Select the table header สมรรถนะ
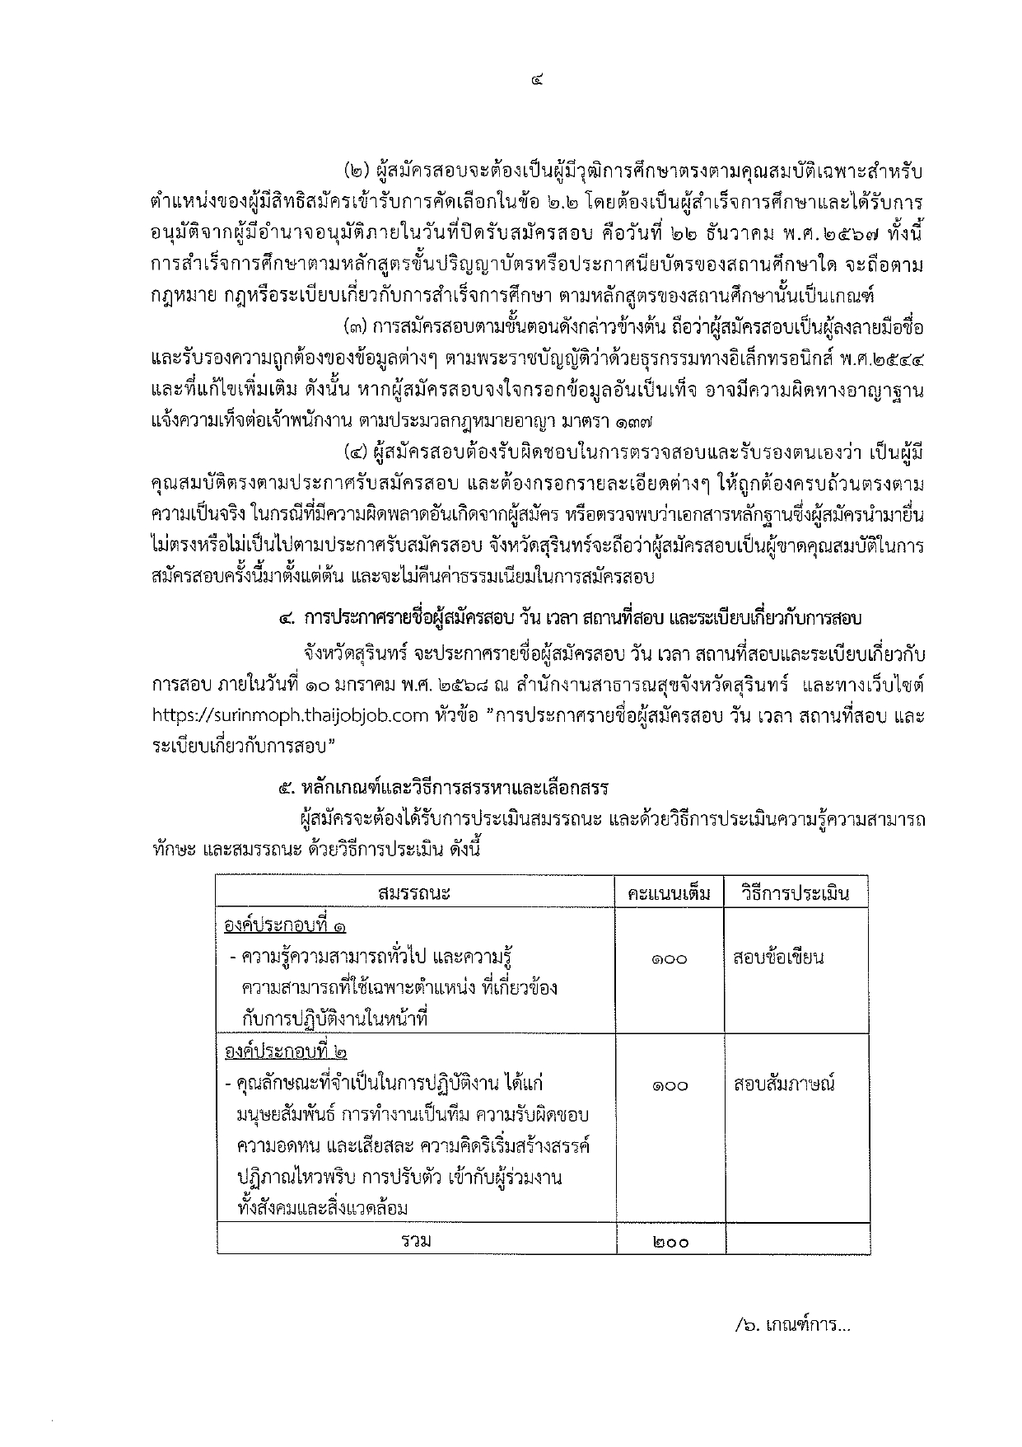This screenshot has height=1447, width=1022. point(415,893)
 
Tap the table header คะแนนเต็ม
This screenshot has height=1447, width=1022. point(669,893)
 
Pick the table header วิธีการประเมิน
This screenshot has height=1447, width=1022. point(795,893)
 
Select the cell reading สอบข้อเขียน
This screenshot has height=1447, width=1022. point(778,958)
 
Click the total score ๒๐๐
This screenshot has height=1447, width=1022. point(669,1242)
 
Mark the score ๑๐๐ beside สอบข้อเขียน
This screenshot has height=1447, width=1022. point(669,959)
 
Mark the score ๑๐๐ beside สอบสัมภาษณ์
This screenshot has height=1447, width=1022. point(669,1085)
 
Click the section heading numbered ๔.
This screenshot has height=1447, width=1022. point(568,618)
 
